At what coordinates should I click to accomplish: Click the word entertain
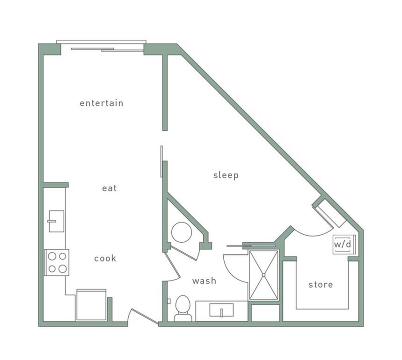(x=101, y=103)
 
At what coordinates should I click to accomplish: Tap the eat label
(x=109, y=188)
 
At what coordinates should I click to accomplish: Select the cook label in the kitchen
(x=105, y=259)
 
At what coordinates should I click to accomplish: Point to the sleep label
(x=226, y=175)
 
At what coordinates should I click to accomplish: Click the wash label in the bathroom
(x=205, y=281)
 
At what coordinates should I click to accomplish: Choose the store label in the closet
(x=321, y=284)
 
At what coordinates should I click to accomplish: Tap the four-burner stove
(x=57, y=262)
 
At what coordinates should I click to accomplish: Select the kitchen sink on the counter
(x=56, y=221)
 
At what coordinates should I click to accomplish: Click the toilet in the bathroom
(x=183, y=309)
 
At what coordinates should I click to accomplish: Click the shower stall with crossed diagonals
(x=263, y=275)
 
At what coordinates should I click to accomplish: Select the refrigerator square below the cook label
(x=91, y=305)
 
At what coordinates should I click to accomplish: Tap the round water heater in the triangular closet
(x=181, y=232)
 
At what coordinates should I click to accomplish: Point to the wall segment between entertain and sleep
(x=165, y=94)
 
